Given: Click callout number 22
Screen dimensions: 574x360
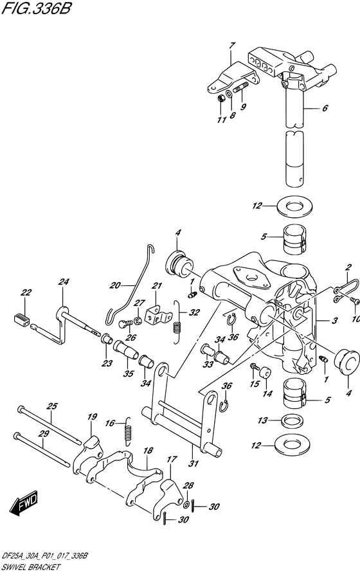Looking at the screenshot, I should point(26,293).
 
